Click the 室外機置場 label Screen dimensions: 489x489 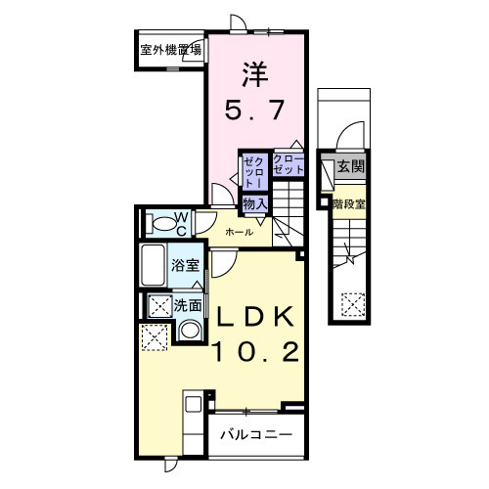coord(170,49)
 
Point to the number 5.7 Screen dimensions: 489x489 coord(255,111)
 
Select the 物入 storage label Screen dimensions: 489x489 coord(255,201)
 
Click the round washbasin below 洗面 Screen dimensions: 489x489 coord(190,330)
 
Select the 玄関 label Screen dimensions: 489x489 coord(350,167)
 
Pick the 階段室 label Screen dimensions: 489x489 coord(348,203)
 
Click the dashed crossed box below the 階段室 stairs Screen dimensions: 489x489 coord(351,305)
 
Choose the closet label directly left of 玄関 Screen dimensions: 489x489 coord(289,164)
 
